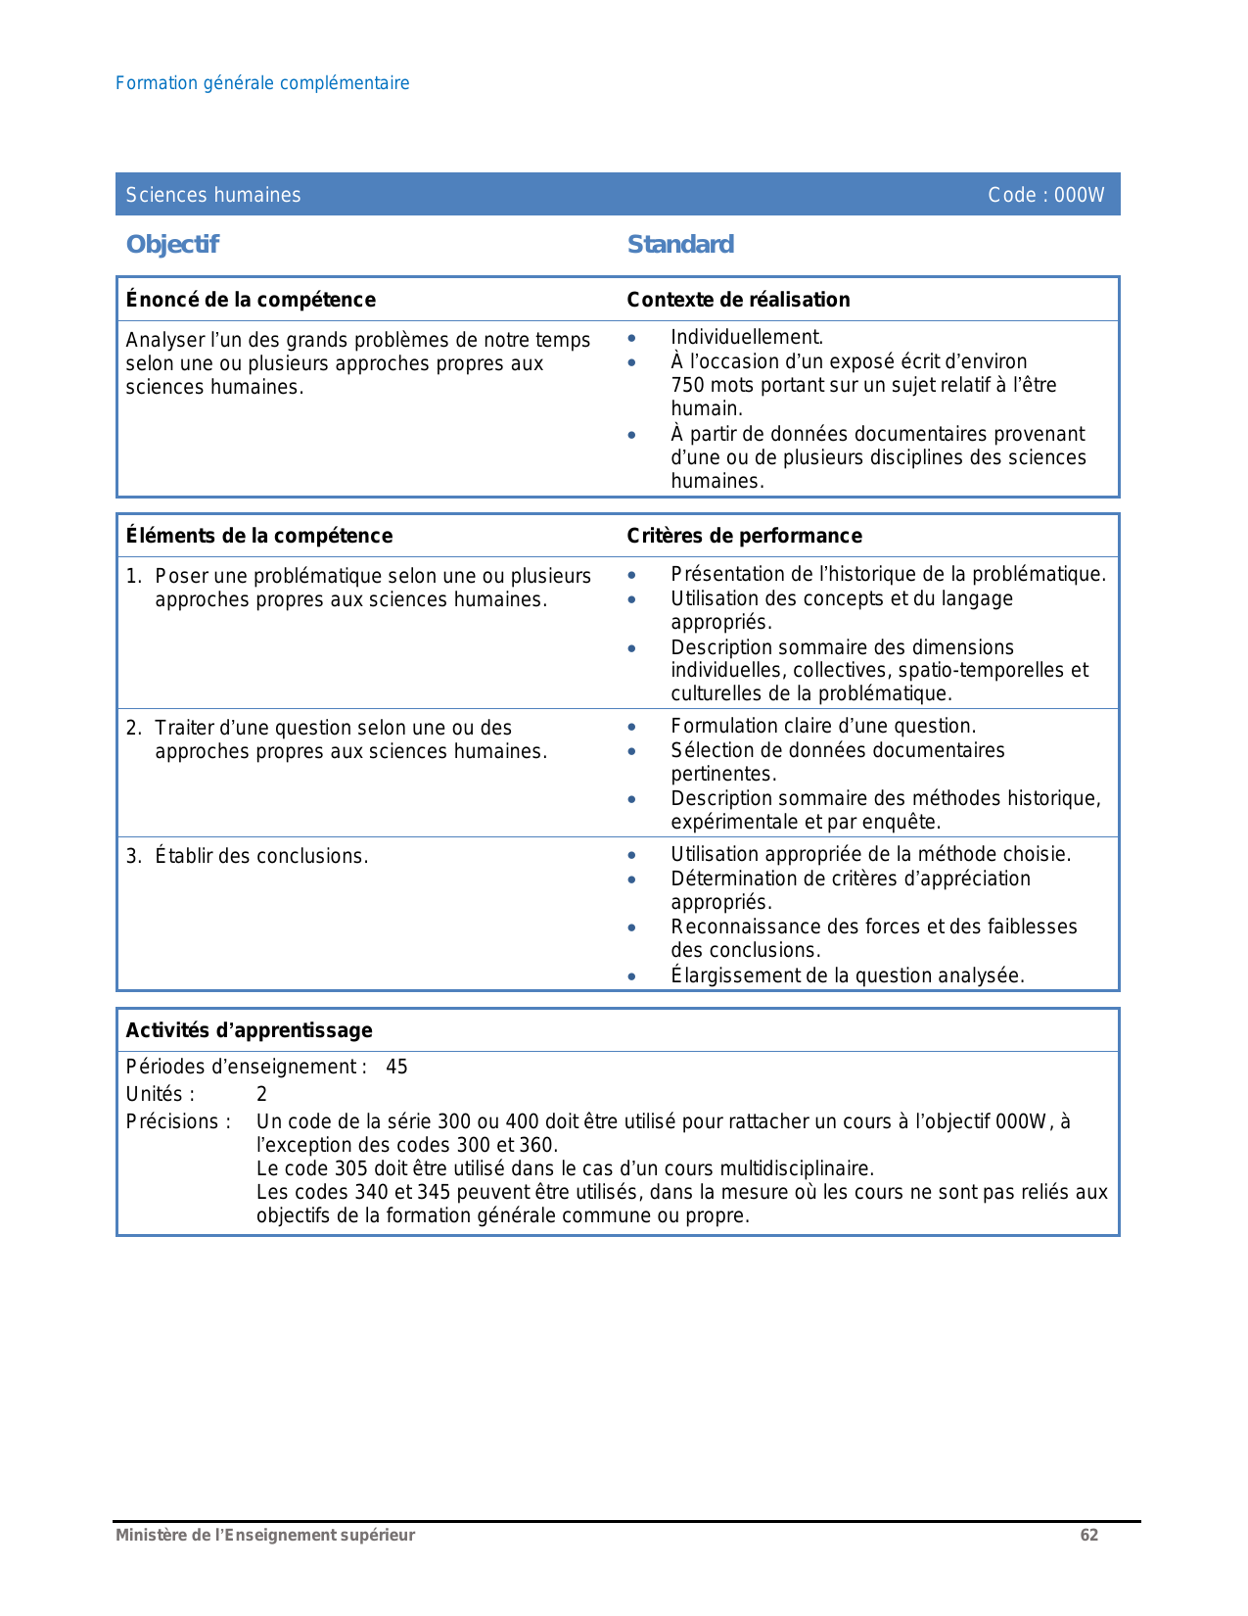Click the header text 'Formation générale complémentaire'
click(x=262, y=83)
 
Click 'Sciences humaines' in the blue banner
click(x=213, y=195)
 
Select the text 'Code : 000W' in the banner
click(x=1045, y=195)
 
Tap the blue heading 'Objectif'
click(x=172, y=244)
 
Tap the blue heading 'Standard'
click(x=680, y=244)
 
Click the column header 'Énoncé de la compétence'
click(x=251, y=300)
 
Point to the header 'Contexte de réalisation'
click(x=738, y=300)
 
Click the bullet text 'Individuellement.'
click(x=747, y=338)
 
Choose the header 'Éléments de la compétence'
click(x=259, y=536)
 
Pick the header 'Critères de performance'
click(x=744, y=536)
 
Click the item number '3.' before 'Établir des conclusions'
click(x=134, y=857)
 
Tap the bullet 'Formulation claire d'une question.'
click(x=823, y=726)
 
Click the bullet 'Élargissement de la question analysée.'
click(x=848, y=975)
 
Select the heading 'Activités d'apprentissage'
click(x=250, y=1030)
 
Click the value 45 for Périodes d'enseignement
click(x=396, y=1067)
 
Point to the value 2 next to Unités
click(x=261, y=1094)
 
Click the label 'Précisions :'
click(x=179, y=1121)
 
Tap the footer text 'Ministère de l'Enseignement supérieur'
click(x=265, y=1536)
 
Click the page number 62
click(x=1089, y=1536)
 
